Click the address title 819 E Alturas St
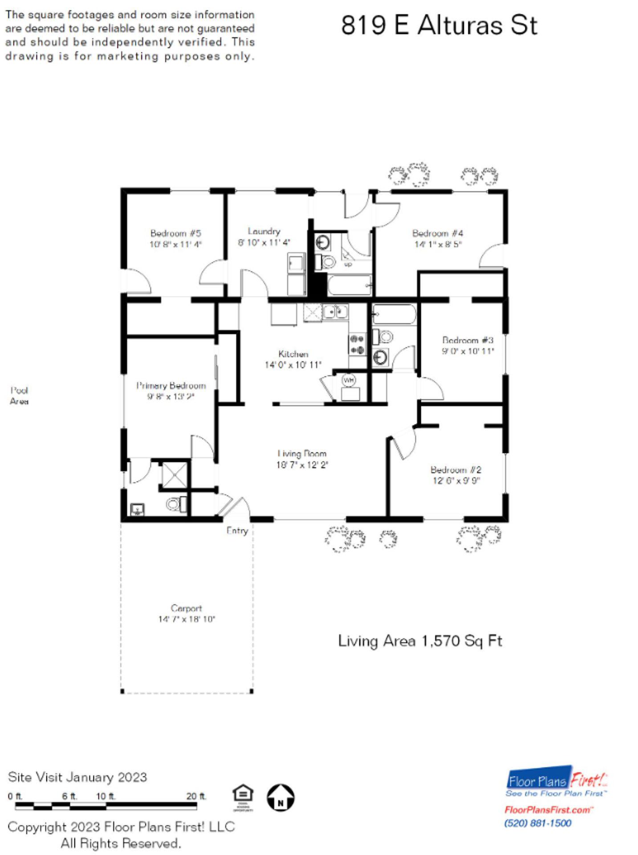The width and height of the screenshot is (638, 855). click(439, 25)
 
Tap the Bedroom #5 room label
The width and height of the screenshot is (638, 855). click(175, 233)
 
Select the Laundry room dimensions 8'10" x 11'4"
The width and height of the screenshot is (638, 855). click(264, 243)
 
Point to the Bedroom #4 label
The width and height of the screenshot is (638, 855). click(437, 233)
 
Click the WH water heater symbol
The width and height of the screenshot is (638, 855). click(349, 380)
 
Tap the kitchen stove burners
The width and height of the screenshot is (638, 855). click(357, 345)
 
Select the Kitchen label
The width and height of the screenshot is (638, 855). click(293, 354)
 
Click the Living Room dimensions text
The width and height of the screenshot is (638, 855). click(302, 465)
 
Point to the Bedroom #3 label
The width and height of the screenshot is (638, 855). click(467, 340)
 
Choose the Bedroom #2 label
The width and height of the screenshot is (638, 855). click(455, 470)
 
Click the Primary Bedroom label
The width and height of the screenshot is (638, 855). click(171, 386)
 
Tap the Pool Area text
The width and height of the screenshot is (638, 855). click(19, 395)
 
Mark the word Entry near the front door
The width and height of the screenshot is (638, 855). click(237, 530)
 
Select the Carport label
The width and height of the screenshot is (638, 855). click(186, 608)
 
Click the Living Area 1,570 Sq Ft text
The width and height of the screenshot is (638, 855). click(420, 641)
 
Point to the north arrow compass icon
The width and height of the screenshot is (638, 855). click(280, 798)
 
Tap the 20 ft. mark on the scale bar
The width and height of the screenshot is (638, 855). click(196, 796)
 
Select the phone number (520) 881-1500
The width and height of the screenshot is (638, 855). click(537, 823)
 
